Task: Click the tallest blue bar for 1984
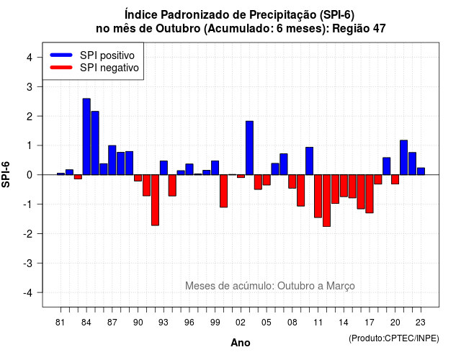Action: click(86, 137)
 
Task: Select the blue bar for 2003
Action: click(249, 148)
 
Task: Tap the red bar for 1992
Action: click(156, 200)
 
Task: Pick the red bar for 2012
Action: click(326, 200)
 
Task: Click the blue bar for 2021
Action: click(403, 158)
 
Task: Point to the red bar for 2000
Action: click(224, 191)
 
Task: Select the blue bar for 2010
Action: click(309, 161)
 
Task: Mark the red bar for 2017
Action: click(370, 194)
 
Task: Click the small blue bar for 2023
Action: click(421, 171)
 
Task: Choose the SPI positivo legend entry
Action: click(93, 55)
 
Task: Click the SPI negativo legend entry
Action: click(94, 68)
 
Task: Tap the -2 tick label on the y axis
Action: click(28, 233)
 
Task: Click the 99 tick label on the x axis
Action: click(215, 323)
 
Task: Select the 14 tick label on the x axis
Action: click(344, 323)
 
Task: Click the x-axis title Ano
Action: click(240, 343)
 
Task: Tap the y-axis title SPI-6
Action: click(6, 174)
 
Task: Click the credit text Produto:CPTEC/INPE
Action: click(394, 338)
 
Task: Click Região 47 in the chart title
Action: click(359, 29)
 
